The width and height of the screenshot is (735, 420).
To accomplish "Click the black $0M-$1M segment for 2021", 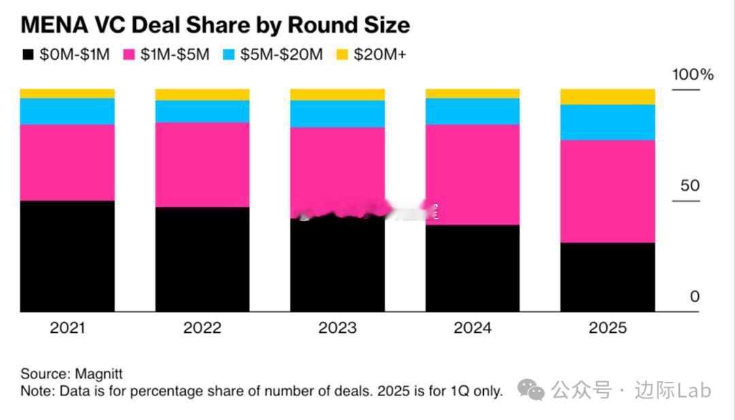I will [x=67, y=256].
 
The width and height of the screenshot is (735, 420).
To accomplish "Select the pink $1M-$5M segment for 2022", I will [x=202, y=164].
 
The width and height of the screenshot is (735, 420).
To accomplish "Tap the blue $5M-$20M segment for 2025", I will [x=607, y=122].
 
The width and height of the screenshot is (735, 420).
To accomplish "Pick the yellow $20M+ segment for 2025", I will [x=607, y=97].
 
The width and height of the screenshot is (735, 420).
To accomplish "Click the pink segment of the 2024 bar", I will [x=472, y=174].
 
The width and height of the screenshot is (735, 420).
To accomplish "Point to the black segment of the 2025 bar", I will [x=607, y=277].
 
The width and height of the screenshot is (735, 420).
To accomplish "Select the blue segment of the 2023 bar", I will [x=338, y=114].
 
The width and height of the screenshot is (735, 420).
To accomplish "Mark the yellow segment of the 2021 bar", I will [x=67, y=93].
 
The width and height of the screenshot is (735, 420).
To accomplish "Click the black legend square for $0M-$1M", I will [x=28, y=55].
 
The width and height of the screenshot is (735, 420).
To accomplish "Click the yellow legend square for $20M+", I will [x=342, y=55].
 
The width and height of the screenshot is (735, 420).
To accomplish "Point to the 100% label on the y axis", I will [x=693, y=75].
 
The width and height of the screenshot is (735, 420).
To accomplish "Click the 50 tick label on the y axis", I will [x=689, y=185].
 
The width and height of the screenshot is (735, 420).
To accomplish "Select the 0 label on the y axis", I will [x=694, y=296].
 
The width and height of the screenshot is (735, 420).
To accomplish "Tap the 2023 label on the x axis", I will [x=338, y=328].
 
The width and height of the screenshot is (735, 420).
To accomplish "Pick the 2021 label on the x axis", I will [x=67, y=328].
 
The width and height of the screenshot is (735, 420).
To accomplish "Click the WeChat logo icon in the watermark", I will [x=531, y=390].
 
